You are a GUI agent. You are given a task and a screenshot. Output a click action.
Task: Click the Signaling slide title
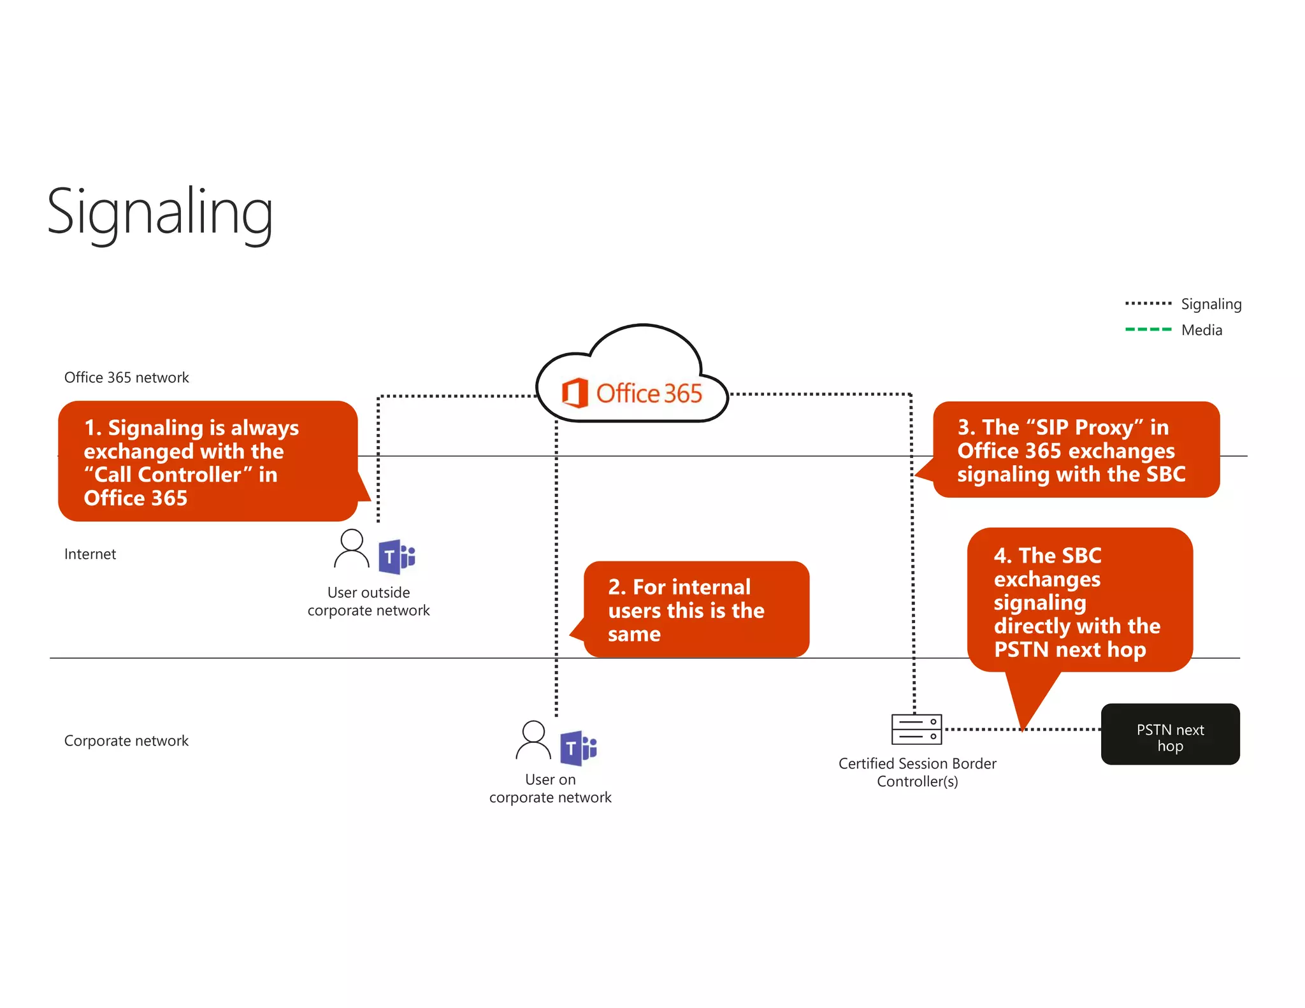click(160, 212)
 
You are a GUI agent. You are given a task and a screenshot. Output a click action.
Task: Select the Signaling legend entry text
click(1211, 304)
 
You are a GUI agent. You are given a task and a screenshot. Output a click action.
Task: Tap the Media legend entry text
click(1201, 330)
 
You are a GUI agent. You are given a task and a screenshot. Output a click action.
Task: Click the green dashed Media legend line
click(1148, 329)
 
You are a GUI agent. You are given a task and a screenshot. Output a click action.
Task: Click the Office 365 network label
click(126, 377)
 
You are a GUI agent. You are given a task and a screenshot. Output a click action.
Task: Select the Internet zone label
click(90, 554)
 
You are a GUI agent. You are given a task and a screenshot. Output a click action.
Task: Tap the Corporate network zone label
click(126, 740)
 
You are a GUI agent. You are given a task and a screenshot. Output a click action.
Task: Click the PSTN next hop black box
click(1170, 734)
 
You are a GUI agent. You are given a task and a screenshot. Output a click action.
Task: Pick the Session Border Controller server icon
click(916, 729)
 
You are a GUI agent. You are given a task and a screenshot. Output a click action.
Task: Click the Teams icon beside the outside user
click(396, 556)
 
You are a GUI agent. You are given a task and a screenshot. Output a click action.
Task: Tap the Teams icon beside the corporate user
click(578, 748)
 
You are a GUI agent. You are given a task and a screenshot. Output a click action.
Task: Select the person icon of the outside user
click(351, 549)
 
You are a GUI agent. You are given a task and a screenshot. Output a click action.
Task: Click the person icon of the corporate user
click(533, 740)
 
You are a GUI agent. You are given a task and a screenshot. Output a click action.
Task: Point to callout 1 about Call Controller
click(207, 461)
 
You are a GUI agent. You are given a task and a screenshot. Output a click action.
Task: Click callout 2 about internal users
click(696, 609)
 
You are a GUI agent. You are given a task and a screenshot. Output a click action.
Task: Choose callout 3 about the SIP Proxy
click(1076, 450)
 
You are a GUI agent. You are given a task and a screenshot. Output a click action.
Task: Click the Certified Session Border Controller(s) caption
click(917, 772)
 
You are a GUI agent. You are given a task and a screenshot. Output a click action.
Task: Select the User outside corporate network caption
click(368, 601)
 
